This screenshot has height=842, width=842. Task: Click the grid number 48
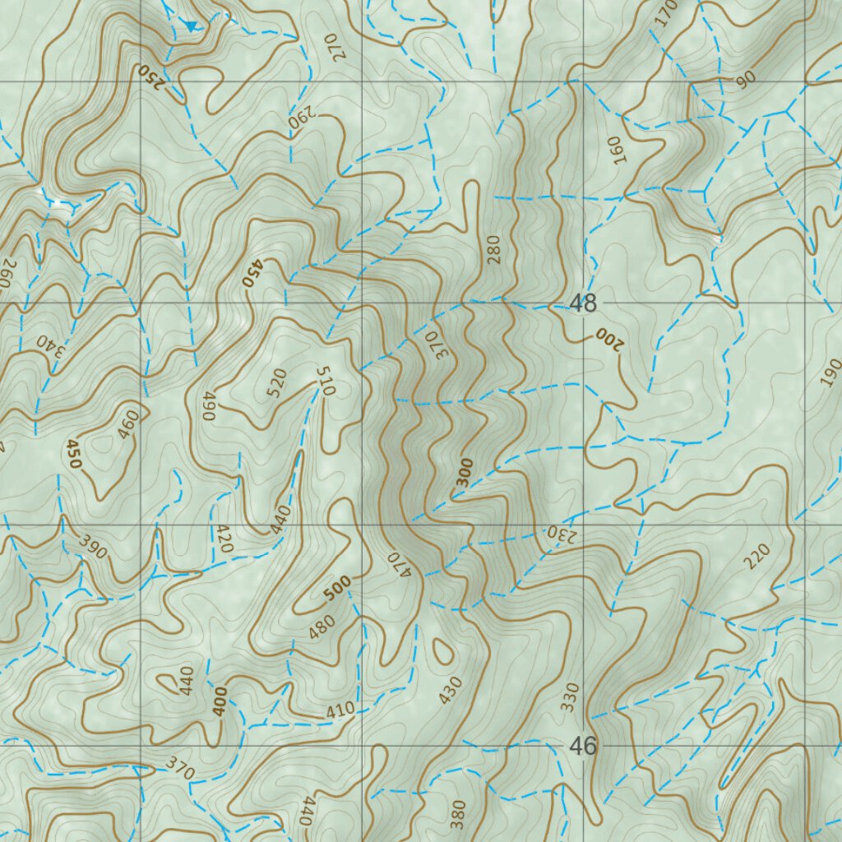583,303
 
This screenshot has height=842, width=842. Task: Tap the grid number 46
583,747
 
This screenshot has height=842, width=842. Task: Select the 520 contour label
276,382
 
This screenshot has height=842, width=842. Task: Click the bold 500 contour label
337,588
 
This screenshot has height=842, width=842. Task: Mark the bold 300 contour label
464,473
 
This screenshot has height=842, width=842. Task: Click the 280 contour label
493,249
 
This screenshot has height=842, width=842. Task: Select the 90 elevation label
746,80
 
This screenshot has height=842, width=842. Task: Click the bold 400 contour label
219,703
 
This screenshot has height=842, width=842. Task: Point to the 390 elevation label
93,546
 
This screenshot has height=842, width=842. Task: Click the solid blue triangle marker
191,26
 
